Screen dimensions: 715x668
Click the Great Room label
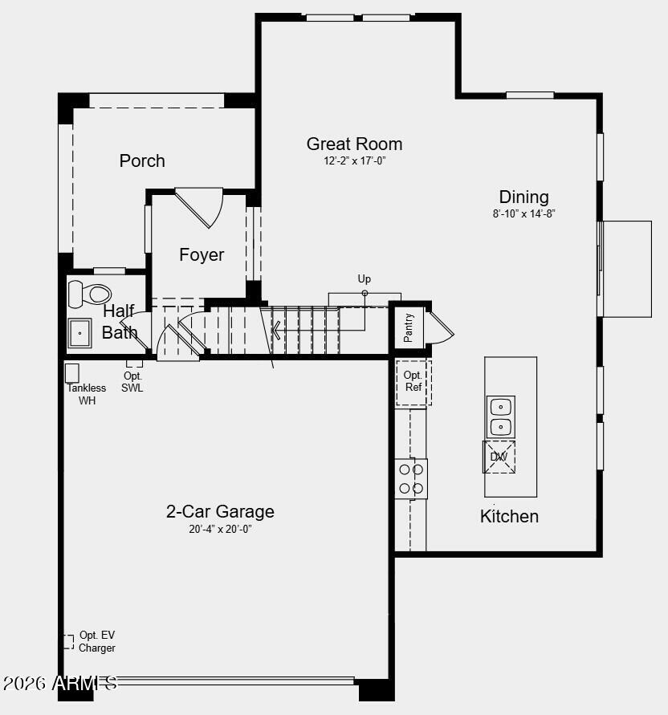click(354, 144)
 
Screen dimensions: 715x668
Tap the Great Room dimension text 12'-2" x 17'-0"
click(354, 161)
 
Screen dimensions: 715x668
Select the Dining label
click(523, 197)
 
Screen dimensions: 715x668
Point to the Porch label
click(142, 161)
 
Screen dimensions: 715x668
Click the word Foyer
click(202, 255)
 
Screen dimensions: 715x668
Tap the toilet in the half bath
click(90, 294)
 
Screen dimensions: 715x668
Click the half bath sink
click(80, 332)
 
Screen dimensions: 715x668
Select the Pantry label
click(409, 327)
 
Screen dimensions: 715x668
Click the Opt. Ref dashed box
click(413, 382)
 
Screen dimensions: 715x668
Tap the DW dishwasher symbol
click(499, 457)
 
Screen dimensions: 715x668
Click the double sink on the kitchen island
click(501, 416)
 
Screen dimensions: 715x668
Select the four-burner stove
click(411, 478)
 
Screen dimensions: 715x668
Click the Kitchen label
click(509, 516)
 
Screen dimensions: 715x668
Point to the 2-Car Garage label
click(220, 512)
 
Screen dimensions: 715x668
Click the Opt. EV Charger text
click(97, 641)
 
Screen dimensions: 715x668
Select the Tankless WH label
click(87, 394)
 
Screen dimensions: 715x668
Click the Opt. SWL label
click(132, 383)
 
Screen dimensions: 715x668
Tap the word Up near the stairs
click(365, 279)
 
